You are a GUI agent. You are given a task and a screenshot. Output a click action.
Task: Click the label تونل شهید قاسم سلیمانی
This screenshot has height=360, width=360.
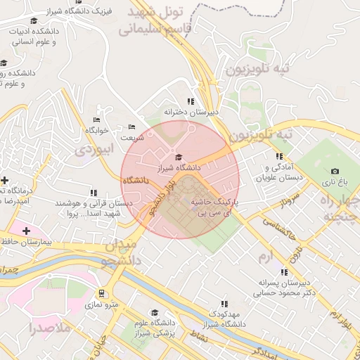[x=151, y=20]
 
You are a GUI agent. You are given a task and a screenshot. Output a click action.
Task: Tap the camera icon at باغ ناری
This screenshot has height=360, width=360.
[x=335, y=171]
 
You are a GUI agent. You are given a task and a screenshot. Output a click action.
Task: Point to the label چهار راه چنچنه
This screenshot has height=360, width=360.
[x=341, y=208]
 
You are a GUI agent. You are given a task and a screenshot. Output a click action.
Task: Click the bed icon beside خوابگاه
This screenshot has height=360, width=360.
[x=96, y=119]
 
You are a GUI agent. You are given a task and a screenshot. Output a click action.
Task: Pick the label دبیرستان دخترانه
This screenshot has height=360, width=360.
[x=192, y=112]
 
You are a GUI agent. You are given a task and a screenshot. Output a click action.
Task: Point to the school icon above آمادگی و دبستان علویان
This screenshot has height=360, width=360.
[x=279, y=156]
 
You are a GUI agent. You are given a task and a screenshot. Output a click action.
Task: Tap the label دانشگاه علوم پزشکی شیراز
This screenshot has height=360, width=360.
[x=155, y=329]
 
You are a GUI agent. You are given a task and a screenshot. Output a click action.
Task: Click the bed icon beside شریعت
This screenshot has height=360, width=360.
[x=132, y=127]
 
